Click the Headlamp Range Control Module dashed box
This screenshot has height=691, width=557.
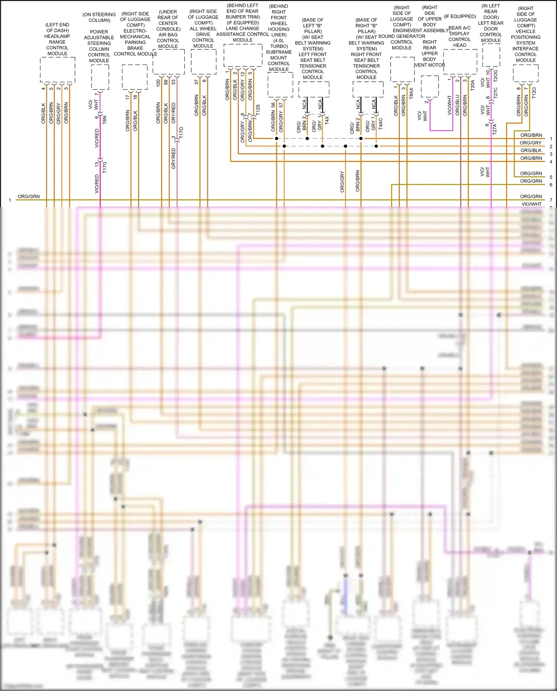[58, 69]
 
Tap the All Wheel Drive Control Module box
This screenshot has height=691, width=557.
[203, 61]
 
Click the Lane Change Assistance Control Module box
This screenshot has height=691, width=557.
[243, 55]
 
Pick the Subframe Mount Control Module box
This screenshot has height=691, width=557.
[280, 85]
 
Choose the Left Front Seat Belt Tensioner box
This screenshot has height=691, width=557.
[314, 89]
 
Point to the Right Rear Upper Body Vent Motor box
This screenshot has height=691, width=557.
[430, 87]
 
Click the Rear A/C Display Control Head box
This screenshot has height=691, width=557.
[460, 61]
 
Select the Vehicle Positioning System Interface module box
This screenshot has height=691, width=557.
[525, 73]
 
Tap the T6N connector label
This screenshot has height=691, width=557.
[105, 119]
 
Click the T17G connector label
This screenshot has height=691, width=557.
[105, 167]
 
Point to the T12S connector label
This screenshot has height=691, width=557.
[258, 110]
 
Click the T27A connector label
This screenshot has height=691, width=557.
[495, 129]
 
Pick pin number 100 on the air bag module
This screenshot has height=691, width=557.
[158, 83]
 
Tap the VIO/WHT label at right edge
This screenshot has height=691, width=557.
[531, 204]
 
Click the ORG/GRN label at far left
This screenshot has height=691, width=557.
[29, 196]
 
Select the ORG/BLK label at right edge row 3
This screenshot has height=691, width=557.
[531, 150]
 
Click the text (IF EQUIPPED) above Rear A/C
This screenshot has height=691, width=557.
[460, 16]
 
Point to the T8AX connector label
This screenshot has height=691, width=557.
[411, 93]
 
